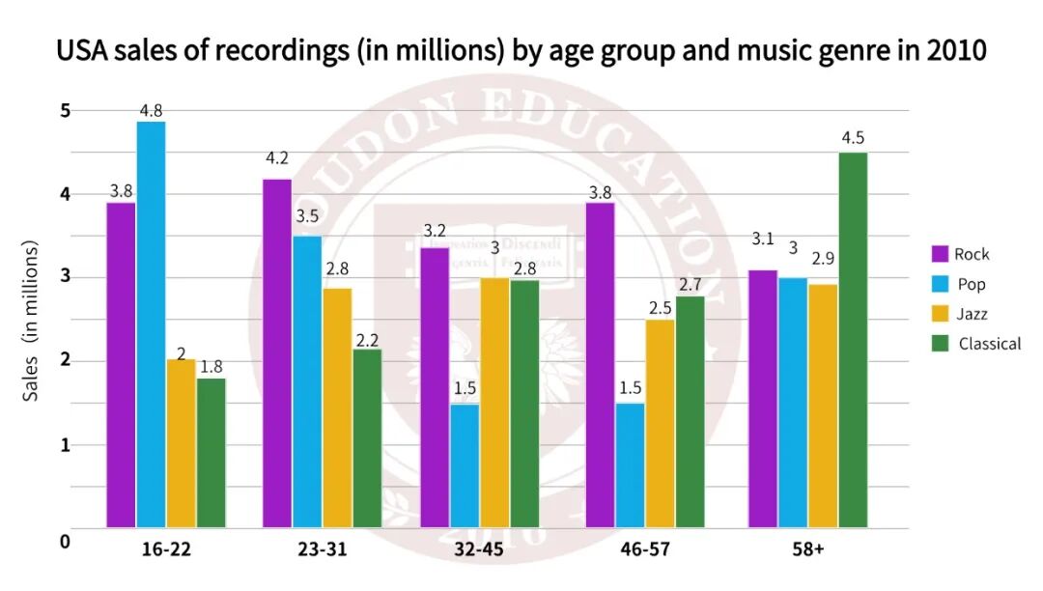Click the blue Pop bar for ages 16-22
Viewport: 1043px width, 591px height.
coord(151,324)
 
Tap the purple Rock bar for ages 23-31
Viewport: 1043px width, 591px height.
coord(277,353)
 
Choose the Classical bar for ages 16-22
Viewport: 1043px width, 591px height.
coord(211,453)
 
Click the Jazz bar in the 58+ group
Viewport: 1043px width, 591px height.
coord(823,406)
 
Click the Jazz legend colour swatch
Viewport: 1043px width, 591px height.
coord(939,314)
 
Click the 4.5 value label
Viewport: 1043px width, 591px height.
coord(853,137)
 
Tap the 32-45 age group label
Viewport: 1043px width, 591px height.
coord(479,549)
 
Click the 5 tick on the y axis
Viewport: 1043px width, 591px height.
coord(65,110)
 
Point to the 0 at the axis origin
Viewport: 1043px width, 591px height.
coord(65,542)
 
